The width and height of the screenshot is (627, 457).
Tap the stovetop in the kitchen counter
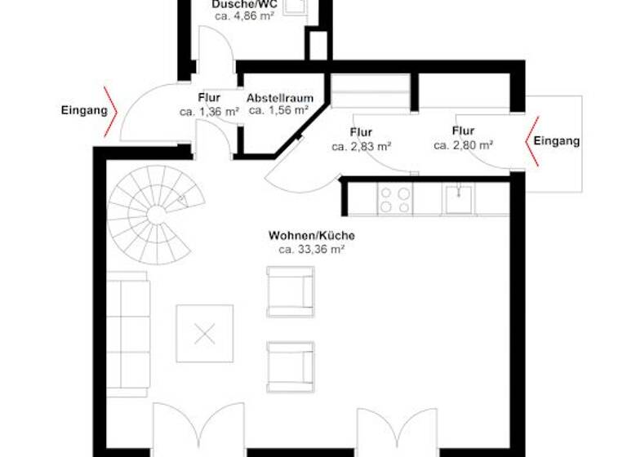[395, 198]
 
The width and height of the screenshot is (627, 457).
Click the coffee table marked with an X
[205, 333]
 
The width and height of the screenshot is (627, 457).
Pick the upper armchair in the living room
[290, 291]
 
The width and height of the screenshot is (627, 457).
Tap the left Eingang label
[84, 109]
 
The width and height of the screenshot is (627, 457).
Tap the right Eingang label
[557, 141]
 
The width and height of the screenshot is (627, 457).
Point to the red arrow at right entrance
[531, 140]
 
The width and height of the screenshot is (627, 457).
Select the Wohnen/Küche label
[312, 235]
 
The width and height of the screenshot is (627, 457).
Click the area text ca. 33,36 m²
[312, 249]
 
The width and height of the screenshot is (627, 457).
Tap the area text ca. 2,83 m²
[361, 147]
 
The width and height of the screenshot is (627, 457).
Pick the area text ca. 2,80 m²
[463, 145]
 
